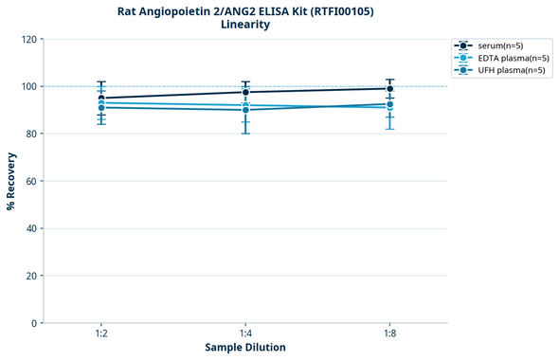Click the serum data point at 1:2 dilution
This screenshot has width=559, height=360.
(x=101, y=98)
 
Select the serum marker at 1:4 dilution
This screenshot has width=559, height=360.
(x=245, y=92)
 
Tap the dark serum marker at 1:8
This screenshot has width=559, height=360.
(x=389, y=89)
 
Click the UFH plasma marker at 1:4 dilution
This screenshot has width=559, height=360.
(x=245, y=110)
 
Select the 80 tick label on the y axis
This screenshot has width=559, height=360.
(x=31, y=134)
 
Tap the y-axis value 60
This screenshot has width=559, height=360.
(x=31, y=181)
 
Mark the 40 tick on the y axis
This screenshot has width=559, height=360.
(x=31, y=228)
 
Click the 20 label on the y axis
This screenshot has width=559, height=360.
(x=31, y=276)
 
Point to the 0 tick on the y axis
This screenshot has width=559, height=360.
(x=34, y=323)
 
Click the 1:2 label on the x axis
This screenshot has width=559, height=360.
(x=101, y=333)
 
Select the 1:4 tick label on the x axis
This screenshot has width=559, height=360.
(x=245, y=333)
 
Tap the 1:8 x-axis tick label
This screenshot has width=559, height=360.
(x=389, y=333)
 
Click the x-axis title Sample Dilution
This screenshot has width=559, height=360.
(x=245, y=348)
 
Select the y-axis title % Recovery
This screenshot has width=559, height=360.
(x=11, y=181)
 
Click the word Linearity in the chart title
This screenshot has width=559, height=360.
(x=245, y=25)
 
